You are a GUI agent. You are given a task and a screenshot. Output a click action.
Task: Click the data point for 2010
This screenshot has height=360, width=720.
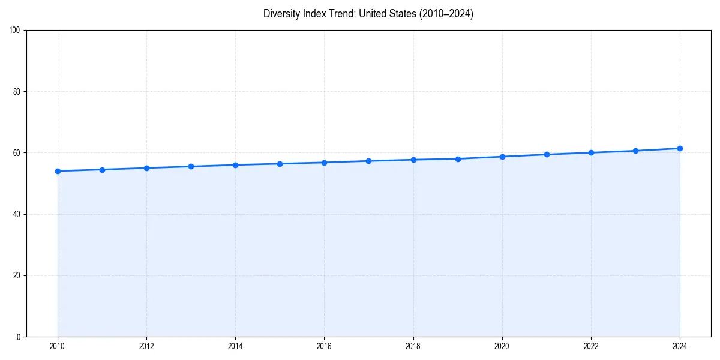[58, 171]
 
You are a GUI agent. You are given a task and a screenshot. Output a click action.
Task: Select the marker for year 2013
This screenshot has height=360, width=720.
[191, 166]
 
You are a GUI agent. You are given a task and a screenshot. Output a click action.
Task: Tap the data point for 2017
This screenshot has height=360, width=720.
[368, 161]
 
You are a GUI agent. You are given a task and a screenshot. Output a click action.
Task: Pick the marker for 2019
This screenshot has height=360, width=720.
[458, 159]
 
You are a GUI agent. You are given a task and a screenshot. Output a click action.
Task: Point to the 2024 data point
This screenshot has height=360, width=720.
[680, 148]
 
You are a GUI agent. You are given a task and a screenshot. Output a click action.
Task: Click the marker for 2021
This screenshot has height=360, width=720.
[547, 154]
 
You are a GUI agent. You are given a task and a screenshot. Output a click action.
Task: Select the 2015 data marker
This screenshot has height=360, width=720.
[280, 164]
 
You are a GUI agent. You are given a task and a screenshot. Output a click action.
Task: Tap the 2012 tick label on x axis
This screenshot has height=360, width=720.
[146, 346]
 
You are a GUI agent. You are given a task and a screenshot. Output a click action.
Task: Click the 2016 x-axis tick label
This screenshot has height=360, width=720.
[324, 346]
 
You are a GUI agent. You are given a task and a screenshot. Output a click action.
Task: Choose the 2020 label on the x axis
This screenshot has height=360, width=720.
[502, 346]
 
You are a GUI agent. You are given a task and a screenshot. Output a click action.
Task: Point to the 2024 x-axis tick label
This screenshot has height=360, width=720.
[680, 346]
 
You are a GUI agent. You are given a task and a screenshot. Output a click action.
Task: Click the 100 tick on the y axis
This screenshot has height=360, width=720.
[15, 31]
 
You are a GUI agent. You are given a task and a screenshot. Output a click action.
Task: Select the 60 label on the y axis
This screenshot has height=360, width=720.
[17, 153]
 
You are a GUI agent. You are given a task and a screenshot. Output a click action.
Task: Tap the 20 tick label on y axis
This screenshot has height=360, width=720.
[17, 275]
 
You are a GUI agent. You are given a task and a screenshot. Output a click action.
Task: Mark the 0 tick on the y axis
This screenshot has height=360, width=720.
[19, 337]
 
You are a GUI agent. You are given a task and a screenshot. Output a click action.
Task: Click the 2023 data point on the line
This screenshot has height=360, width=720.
[635, 151]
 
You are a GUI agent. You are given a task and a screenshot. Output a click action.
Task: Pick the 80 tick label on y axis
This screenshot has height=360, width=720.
[17, 92]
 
